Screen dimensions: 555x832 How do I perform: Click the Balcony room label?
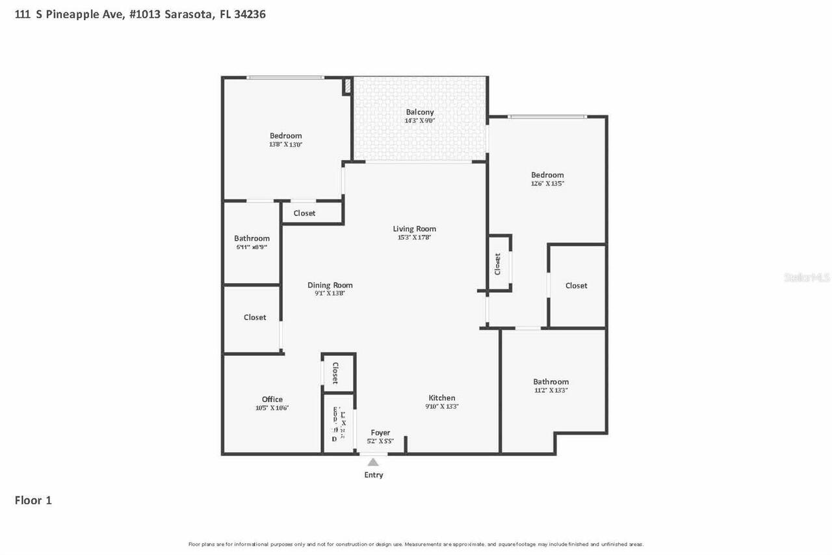tap(420, 112)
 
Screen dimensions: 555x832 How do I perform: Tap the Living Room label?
tap(414, 228)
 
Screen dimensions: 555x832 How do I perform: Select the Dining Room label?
tap(330, 285)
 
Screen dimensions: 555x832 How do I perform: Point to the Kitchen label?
tap(442, 398)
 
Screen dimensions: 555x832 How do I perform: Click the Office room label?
tap(272, 399)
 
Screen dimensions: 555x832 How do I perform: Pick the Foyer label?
tap(380, 433)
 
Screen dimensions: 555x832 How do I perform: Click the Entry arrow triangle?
tap(373, 463)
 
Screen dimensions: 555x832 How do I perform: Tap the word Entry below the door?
tap(374, 475)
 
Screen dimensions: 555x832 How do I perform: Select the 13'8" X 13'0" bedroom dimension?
tap(286, 144)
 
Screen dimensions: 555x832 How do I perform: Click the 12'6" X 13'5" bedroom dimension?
tap(547, 183)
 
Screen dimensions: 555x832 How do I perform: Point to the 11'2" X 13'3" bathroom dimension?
tap(551, 390)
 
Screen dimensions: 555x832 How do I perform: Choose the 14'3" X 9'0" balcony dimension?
tap(420, 120)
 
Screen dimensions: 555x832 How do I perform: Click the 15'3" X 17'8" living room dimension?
tap(414, 237)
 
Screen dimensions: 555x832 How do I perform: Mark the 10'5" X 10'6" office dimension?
tap(272, 408)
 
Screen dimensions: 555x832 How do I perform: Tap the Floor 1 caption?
tap(33, 500)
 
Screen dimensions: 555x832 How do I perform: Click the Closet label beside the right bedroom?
tap(577, 286)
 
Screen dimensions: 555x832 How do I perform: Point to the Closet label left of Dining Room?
tap(255, 318)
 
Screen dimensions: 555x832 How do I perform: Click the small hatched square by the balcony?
tap(347, 86)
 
